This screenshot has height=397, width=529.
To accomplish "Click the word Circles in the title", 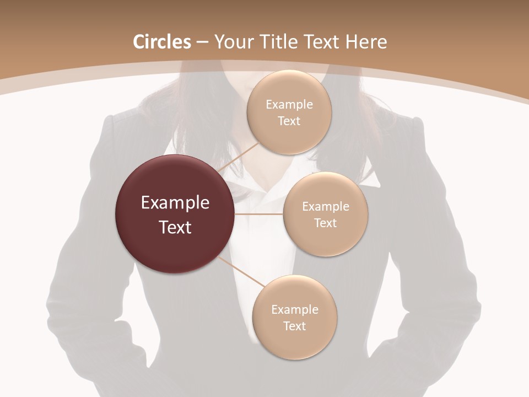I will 162,42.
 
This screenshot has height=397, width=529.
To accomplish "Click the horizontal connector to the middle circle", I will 259,214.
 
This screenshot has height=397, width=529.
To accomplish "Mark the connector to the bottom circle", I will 242,272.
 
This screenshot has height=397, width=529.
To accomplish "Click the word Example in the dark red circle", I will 175,203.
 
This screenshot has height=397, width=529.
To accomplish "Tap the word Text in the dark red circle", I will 175,227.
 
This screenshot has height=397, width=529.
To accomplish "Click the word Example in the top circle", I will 289,105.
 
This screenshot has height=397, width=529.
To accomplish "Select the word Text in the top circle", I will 289,121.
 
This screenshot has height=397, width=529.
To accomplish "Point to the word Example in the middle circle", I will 326,207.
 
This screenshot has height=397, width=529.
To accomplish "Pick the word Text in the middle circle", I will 325,223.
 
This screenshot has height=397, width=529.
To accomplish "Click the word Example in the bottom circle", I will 295,310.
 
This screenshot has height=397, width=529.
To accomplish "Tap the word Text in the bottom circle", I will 294,326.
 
